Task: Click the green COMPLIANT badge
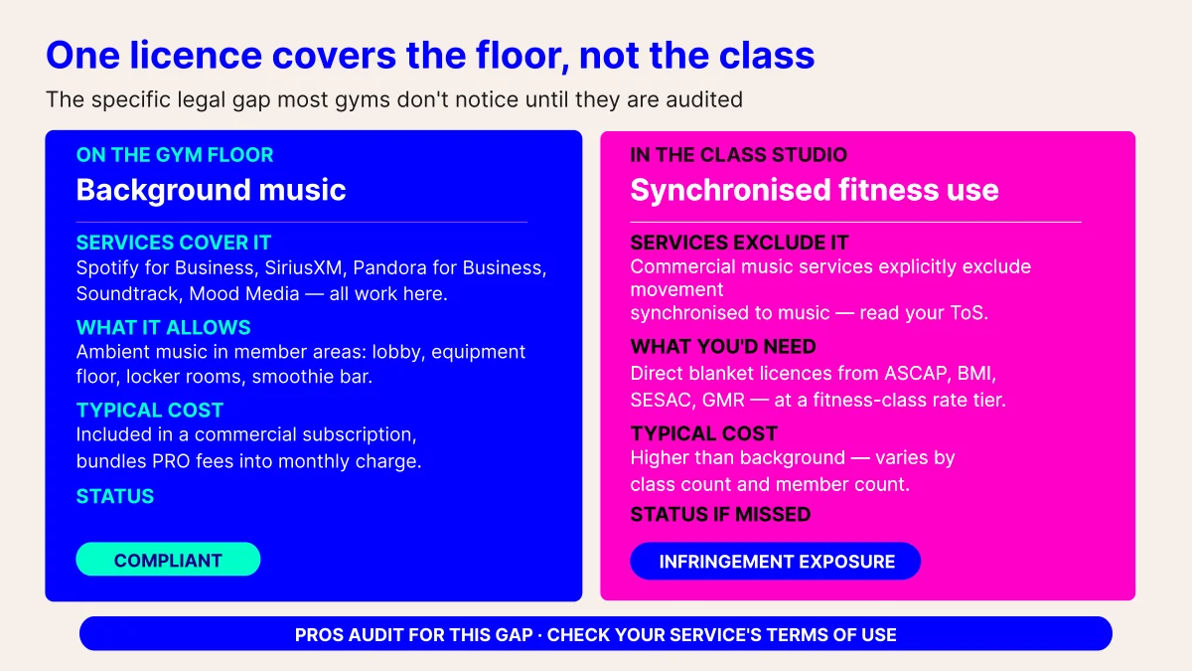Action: pyautogui.click(x=168, y=559)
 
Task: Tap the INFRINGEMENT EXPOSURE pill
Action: pyautogui.click(x=776, y=562)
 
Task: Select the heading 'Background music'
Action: pyautogui.click(x=211, y=190)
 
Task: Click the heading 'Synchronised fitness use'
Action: pyautogui.click(x=815, y=190)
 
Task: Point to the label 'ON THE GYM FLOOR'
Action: pyautogui.click(x=175, y=155)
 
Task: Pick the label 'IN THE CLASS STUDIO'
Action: pyautogui.click(x=739, y=155)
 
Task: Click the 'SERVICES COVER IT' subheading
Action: pyautogui.click(x=174, y=243)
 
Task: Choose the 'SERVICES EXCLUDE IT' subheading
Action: pyautogui.click(x=739, y=243)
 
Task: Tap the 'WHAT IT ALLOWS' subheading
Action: pyautogui.click(x=163, y=327)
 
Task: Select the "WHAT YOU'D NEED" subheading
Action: pyautogui.click(x=723, y=347)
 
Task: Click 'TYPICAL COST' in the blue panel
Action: pyautogui.click(x=150, y=410)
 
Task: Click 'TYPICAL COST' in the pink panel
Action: pyautogui.click(x=704, y=433)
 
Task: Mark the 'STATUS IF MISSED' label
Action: pyautogui.click(x=720, y=515)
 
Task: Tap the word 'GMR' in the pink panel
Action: pyautogui.click(x=723, y=400)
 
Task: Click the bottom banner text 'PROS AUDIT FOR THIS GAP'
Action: pyautogui.click(x=413, y=635)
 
